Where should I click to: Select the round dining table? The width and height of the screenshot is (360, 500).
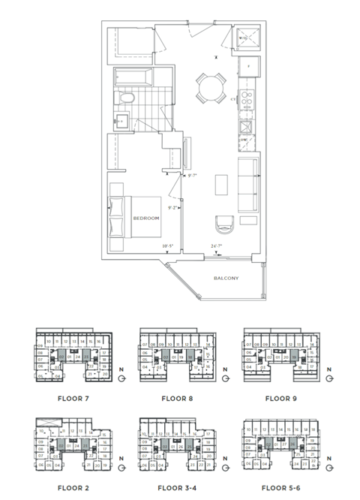point(210,88)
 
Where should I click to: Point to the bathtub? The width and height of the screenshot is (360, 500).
point(133,77)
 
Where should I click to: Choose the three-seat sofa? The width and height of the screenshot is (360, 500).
point(247,183)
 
